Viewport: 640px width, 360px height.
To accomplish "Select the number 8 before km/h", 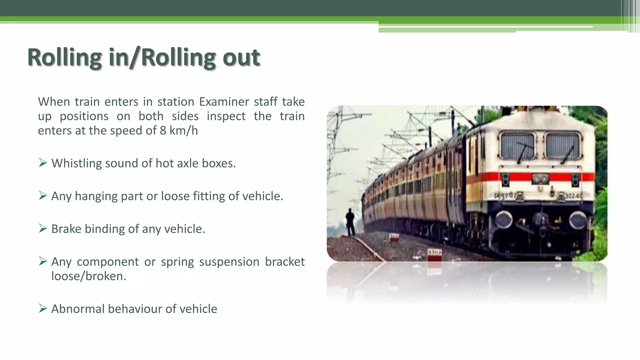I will (x=163, y=131).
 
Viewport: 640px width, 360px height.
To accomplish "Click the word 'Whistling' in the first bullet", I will (x=77, y=163).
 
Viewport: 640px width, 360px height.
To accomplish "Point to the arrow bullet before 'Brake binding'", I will (x=43, y=228).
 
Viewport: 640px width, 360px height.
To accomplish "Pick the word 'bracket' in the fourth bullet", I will (x=285, y=262).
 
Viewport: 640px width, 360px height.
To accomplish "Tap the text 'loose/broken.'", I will (x=89, y=276).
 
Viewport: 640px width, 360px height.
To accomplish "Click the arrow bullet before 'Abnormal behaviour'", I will (x=43, y=308).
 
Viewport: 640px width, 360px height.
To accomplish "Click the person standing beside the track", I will (x=350, y=222).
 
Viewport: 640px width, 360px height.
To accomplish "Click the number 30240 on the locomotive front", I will (x=573, y=196).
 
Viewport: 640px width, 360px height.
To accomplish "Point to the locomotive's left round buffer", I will (x=503, y=220).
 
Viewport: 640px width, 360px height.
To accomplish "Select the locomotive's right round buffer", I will (x=578, y=220).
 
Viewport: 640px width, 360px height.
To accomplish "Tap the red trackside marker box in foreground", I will (x=434, y=255).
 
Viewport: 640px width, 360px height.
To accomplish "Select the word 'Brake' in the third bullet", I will (x=66, y=229).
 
